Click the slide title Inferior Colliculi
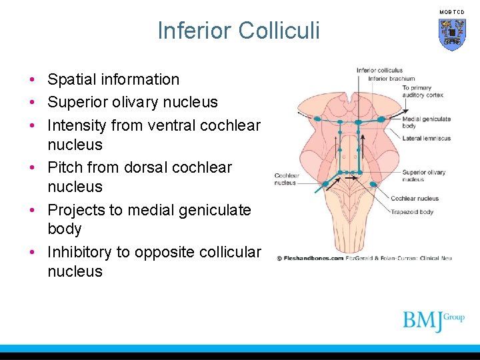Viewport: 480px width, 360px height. click(x=239, y=31)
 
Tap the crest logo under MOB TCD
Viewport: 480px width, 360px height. click(x=452, y=33)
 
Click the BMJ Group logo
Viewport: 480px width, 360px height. click(x=433, y=321)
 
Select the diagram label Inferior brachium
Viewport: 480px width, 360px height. click(x=391, y=79)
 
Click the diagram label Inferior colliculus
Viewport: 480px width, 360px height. click(x=379, y=70)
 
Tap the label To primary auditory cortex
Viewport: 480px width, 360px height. click(x=422, y=91)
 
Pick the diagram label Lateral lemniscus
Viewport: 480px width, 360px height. click(x=426, y=139)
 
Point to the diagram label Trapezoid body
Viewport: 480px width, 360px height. click(x=412, y=212)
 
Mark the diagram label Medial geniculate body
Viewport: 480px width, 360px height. click(x=426, y=122)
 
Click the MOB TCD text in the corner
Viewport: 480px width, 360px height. click(x=451, y=12)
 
